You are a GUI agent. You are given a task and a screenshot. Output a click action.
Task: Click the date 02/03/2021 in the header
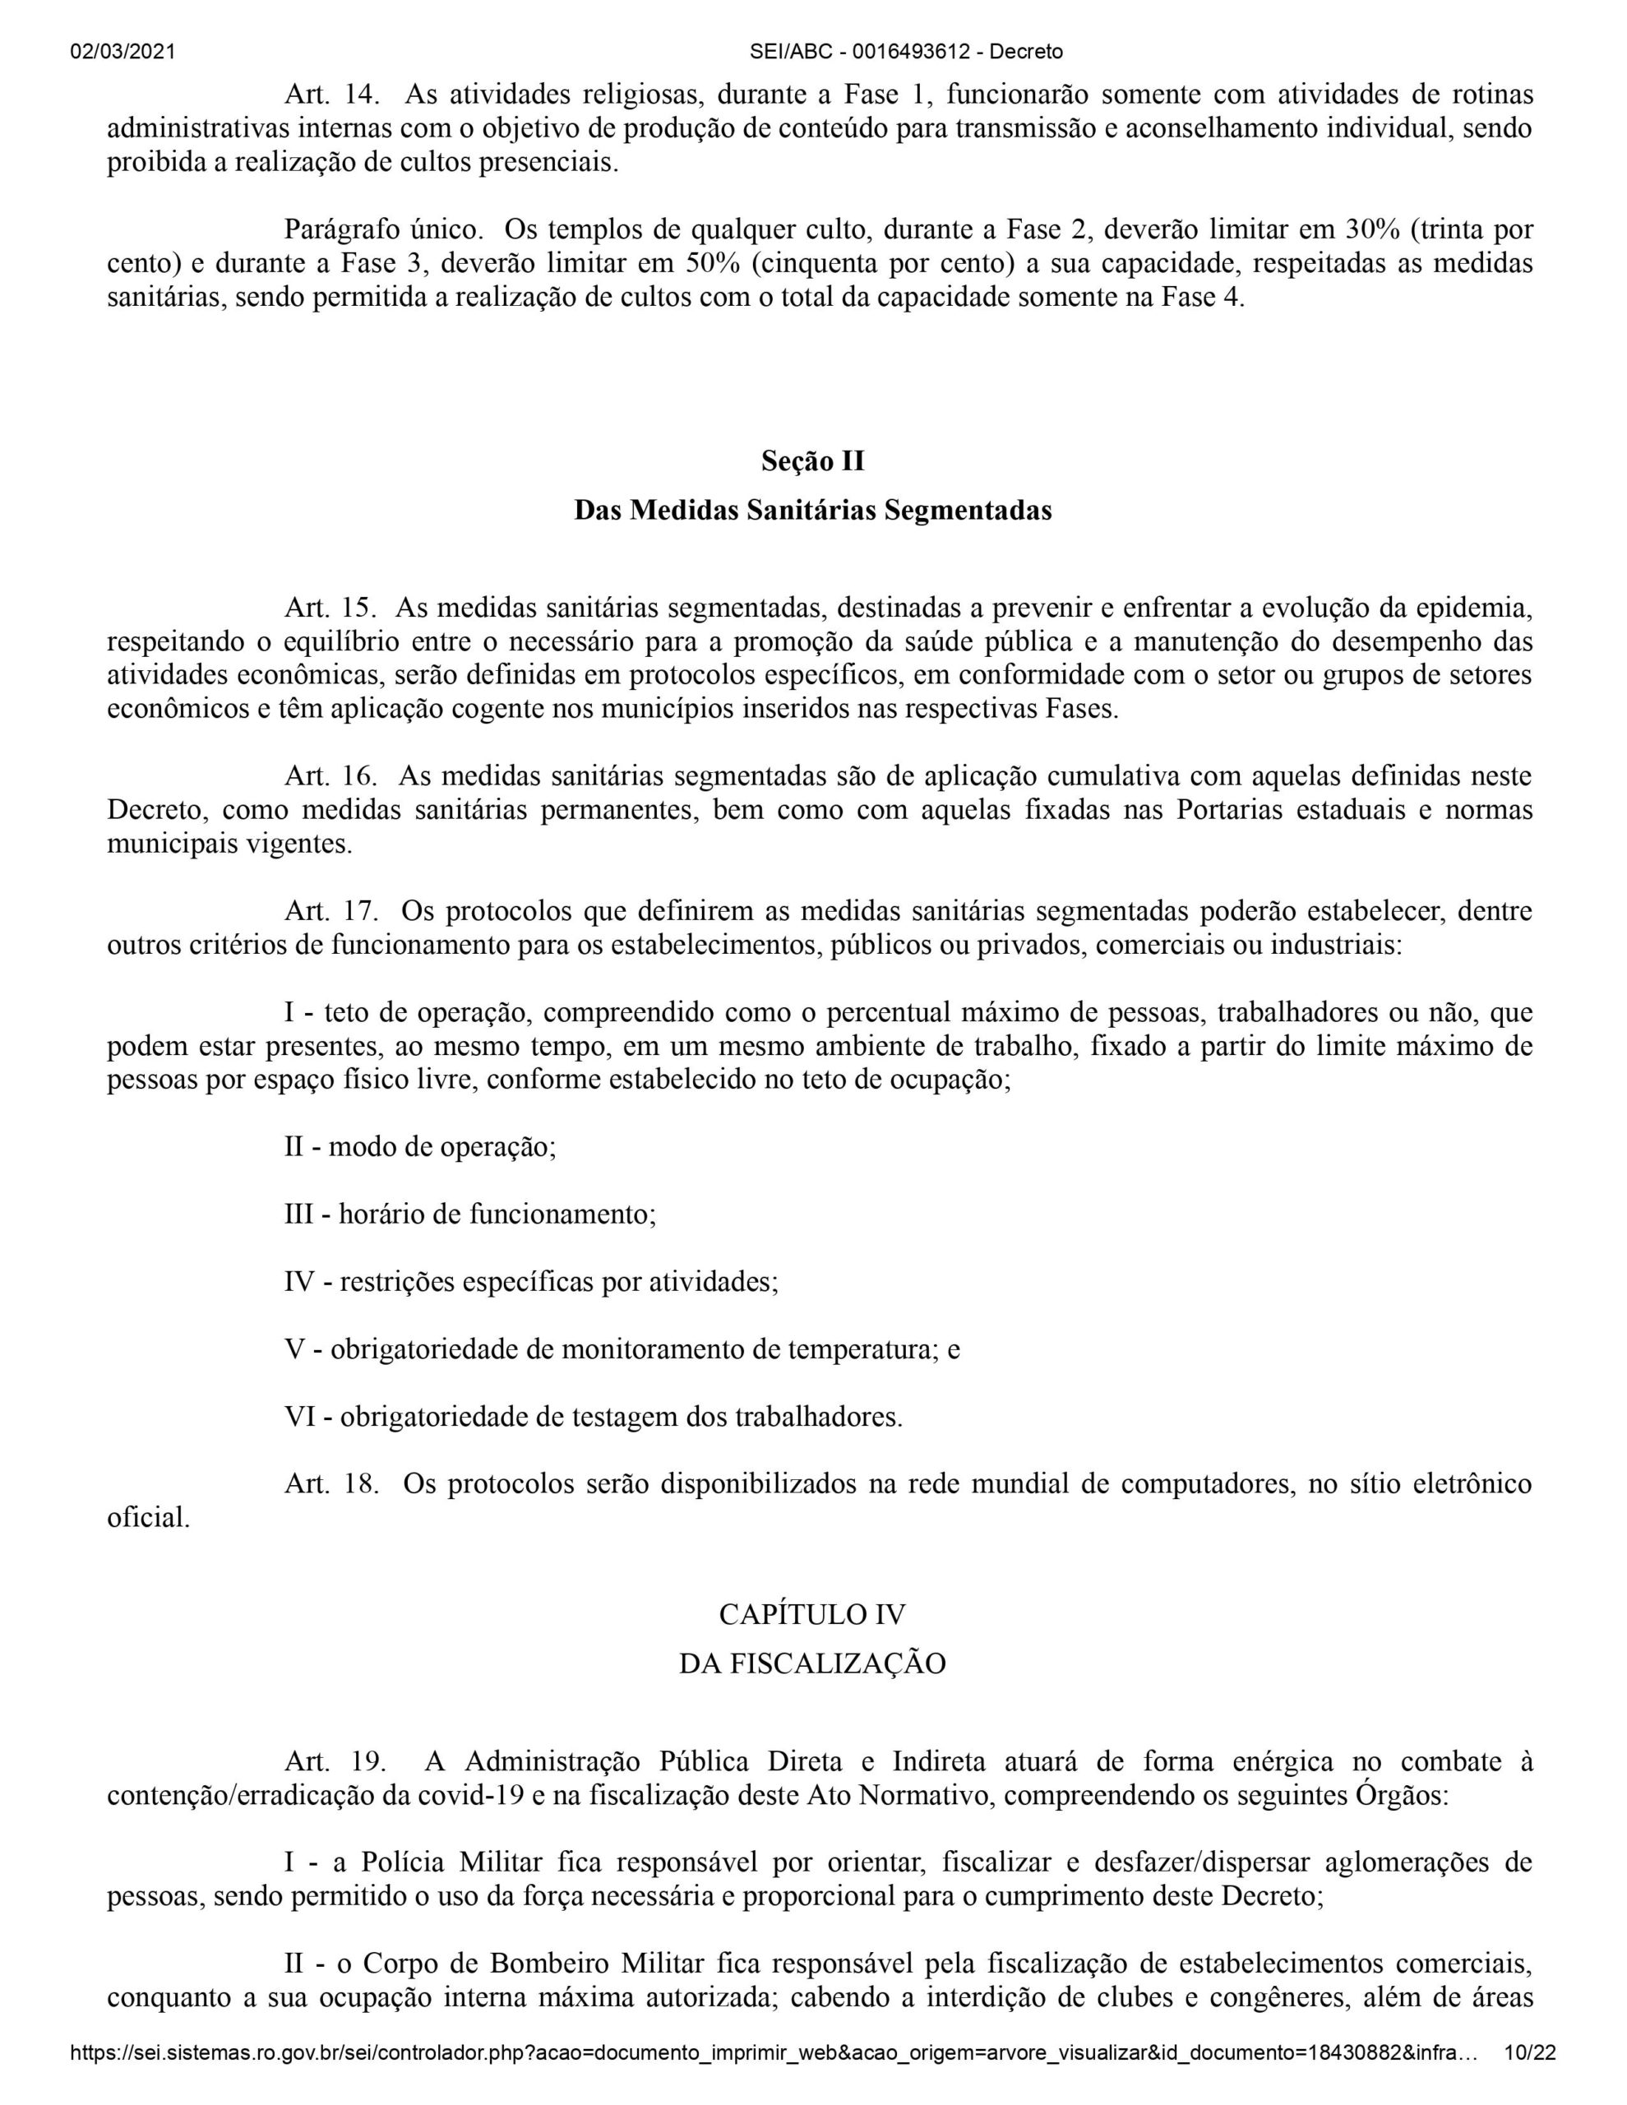point(122,52)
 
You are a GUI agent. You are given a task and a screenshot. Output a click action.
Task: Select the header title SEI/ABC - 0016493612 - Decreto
point(812,52)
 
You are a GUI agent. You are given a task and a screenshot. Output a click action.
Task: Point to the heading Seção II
point(812,461)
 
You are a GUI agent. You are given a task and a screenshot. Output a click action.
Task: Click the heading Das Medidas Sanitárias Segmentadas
point(812,511)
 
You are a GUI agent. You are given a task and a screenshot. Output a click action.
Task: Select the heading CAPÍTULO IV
point(812,1614)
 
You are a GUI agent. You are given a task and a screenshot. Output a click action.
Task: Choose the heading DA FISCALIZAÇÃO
point(812,1663)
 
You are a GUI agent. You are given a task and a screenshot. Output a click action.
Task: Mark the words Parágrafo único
point(382,230)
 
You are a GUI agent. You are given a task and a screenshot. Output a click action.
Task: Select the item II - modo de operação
point(420,1147)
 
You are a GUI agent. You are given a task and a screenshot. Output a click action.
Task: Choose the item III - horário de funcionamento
point(469,1214)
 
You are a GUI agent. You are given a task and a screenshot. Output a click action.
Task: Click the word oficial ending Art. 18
point(147,1518)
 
